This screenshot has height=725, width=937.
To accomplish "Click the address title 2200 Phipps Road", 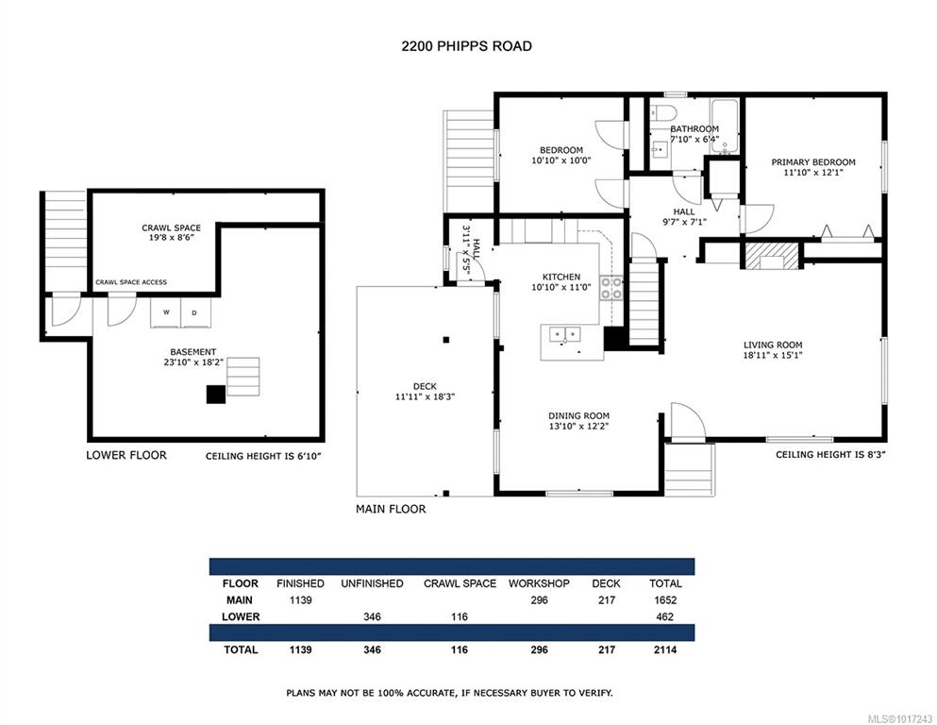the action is click(467, 46).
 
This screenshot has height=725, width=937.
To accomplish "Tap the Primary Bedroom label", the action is click(812, 162).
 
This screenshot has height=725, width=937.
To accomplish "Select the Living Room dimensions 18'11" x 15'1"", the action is click(772, 355).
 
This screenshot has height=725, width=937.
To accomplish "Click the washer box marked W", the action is click(165, 312).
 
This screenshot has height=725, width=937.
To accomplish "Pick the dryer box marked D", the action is click(195, 312).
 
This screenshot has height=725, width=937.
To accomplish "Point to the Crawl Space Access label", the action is click(131, 282).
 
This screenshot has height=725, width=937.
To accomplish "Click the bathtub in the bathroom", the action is click(725, 126).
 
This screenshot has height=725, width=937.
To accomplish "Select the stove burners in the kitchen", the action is click(611, 288).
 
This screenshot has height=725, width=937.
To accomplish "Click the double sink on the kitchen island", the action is click(564, 333).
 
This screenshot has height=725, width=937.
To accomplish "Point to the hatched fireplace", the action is click(772, 255).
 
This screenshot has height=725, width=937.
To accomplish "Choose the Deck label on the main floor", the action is click(425, 386).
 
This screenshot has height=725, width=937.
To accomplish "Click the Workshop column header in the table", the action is click(539, 583).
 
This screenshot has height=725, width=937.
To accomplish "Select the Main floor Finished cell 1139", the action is click(300, 600).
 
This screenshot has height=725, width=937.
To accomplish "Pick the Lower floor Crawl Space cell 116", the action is click(459, 616).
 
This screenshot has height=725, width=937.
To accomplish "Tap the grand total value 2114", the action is click(665, 649).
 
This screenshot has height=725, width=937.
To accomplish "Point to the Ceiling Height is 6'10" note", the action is click(263, 456).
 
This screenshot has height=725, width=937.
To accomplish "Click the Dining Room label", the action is click(578, 416).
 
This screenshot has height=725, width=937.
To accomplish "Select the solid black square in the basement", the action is click(216, 395).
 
